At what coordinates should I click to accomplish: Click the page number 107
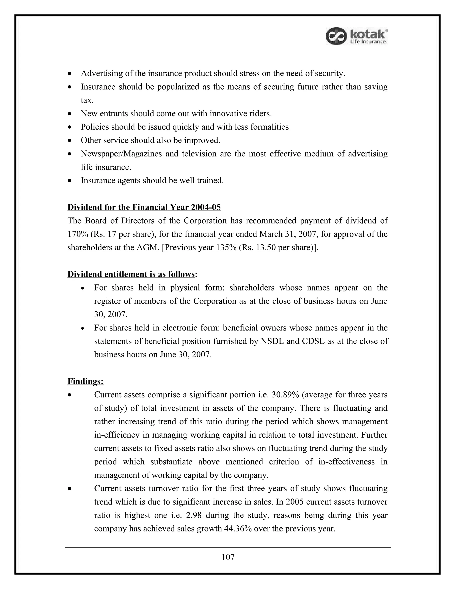228,557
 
